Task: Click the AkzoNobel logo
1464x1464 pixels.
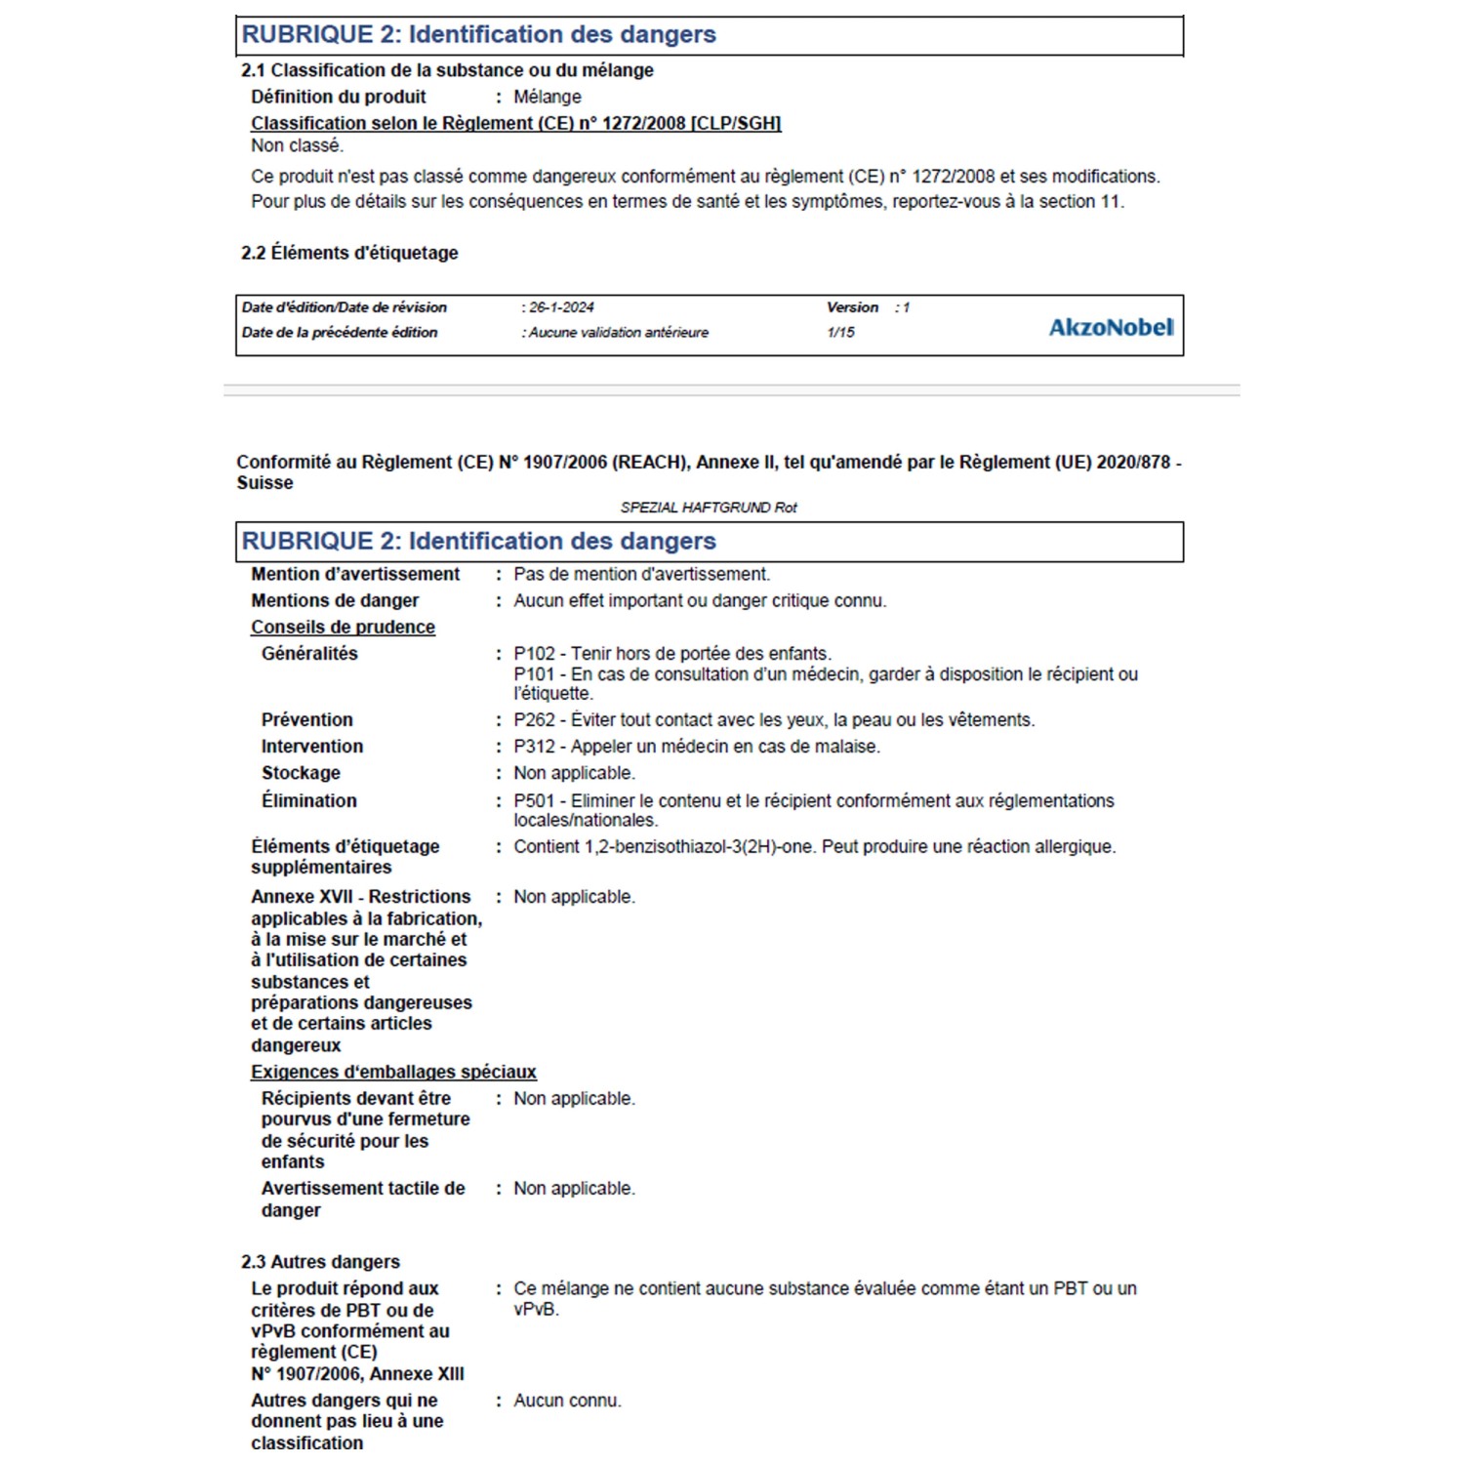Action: tap(1111, 327)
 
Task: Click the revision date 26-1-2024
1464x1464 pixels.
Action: tap(561, 307)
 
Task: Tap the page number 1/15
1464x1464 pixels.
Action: tap(840, 333)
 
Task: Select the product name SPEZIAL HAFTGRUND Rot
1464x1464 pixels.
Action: tap(709, 508)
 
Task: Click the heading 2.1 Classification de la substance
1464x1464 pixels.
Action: tap(447, 70)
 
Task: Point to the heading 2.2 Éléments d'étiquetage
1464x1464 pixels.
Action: tap(349, 253)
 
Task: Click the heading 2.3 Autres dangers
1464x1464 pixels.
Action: tap(320, 1262)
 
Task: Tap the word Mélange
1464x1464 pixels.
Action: tap(548, 97)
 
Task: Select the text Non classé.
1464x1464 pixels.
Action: tap(298, 145)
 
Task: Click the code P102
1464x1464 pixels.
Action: tap(534, 654)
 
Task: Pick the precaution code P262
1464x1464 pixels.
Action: tap(534, 720)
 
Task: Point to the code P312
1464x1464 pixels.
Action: tap(534, 747)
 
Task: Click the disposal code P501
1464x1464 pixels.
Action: tap(534, 801)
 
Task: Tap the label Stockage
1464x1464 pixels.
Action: tap(301, 773)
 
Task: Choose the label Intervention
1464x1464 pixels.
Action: tap(312, 747)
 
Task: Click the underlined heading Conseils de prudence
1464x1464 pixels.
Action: tap(343, 628)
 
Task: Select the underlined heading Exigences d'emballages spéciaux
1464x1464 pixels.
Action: tap(393, 1072)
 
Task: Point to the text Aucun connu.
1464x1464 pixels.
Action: tap(567, 1401)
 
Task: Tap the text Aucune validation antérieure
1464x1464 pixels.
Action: tap(619, 333)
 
